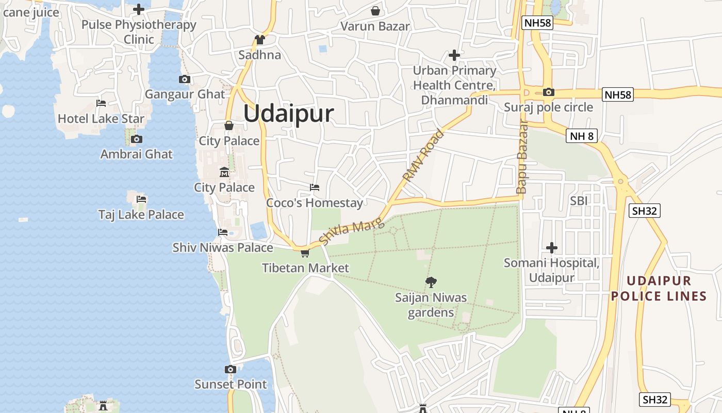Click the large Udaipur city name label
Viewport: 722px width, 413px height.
click(x=288, y=114)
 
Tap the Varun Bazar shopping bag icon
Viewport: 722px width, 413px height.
click(x=375, y=11)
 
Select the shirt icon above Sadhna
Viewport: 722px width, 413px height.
click(x=259, y=40)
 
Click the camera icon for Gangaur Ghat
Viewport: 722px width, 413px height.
click(x=185, y=79)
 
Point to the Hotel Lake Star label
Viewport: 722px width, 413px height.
click(x=101, y=118)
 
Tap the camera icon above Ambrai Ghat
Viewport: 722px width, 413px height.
click(x=137, y=139)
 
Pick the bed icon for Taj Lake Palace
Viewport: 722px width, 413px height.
click(x=141, y=199)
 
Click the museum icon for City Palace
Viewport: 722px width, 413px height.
click(x=224, y=172)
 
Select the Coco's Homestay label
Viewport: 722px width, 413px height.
click(x=315, y=203)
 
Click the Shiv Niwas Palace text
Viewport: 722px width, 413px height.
click(x=223, y=248)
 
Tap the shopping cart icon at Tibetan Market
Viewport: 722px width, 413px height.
click(x=305, y=253)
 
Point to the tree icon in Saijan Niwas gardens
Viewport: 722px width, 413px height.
click(x=431, y=282)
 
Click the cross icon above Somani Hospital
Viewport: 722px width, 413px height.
click(x=552, y=248)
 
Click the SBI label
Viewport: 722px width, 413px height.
click(x=579, y=201)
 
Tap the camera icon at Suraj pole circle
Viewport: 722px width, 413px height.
click(x=549, y=92)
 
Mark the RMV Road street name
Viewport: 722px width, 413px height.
click(x=423, y=156)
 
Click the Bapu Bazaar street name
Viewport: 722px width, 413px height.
click(x=522, y=157)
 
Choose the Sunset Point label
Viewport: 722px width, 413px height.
click(x=231, y=384)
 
